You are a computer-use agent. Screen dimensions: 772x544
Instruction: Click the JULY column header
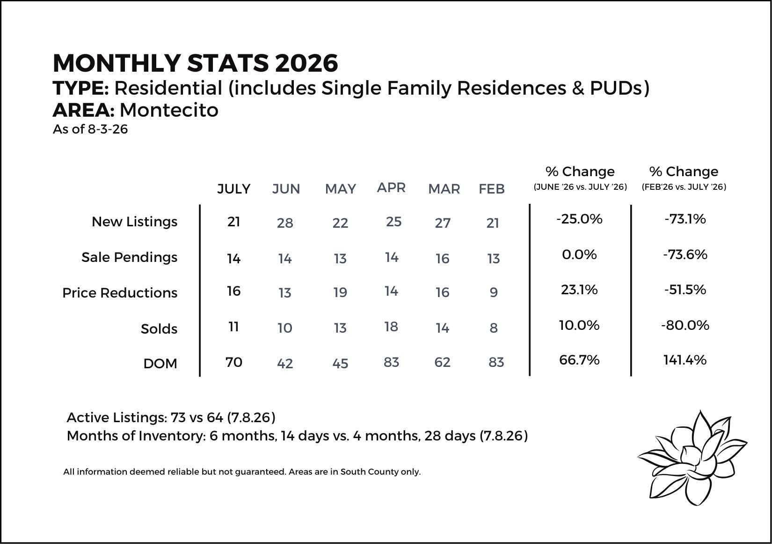tap(233, 189)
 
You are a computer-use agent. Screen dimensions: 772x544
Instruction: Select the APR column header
tap(391, 187)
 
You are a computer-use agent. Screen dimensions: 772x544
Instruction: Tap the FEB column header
tap(491, 189)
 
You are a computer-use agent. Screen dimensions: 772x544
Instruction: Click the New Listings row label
tap(134, 222)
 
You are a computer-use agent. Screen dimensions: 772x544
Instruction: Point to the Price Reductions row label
tap(120, 293)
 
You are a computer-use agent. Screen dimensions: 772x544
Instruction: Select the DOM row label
tap(160, 364)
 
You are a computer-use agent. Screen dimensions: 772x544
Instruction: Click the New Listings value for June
tap(285, 223)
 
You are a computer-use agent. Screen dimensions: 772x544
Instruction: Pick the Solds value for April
tap(391, 327)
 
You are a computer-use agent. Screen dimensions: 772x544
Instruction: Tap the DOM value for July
tap(233, 362)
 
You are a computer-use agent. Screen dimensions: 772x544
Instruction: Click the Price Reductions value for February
tap(494, 292)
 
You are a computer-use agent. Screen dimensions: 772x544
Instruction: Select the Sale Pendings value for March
tap(443, 259)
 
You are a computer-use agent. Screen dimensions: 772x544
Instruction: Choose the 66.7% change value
tap(579, 360)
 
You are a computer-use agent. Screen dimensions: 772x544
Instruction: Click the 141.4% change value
tap(685, 360)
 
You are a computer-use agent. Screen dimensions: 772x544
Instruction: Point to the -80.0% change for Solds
tap(685, 325)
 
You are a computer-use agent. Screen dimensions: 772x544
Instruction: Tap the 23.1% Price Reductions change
tap(579, 290)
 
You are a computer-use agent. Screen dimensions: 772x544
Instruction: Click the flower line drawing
tap(692, 458)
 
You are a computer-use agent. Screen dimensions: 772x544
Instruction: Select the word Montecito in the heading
tap(169, 110)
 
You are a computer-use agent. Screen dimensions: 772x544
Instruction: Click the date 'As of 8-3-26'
tap(90, 129)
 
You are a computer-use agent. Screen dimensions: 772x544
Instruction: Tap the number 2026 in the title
tap(306, 63)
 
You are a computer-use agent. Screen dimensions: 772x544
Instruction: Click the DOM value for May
tap(340, 364)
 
